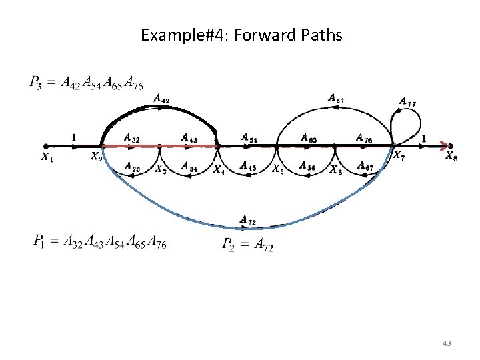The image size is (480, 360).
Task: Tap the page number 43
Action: (x=446, y=343)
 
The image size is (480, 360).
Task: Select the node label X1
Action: (x=45, y=158)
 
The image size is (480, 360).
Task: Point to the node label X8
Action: (x=451, y=158)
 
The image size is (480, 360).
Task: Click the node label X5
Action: (x=277, y=169)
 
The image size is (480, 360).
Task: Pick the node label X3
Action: (x=161, y=169)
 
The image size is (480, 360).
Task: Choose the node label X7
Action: (x=398, y=157)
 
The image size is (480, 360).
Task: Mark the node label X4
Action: (x=219, y=169)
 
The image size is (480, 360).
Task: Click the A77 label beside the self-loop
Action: (x=408, y=102)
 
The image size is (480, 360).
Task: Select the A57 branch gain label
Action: (x=336, y=98)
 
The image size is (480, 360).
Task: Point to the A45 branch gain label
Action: (x=247, y=165)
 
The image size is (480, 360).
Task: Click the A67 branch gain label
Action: (x=365, y=166)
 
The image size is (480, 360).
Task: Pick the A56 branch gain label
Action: (x=307, y=165)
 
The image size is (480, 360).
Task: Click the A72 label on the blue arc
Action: (x=247, y=219)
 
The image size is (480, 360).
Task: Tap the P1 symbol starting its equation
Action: (x=39, y=241)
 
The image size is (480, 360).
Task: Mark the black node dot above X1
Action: (x=45, y=146)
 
